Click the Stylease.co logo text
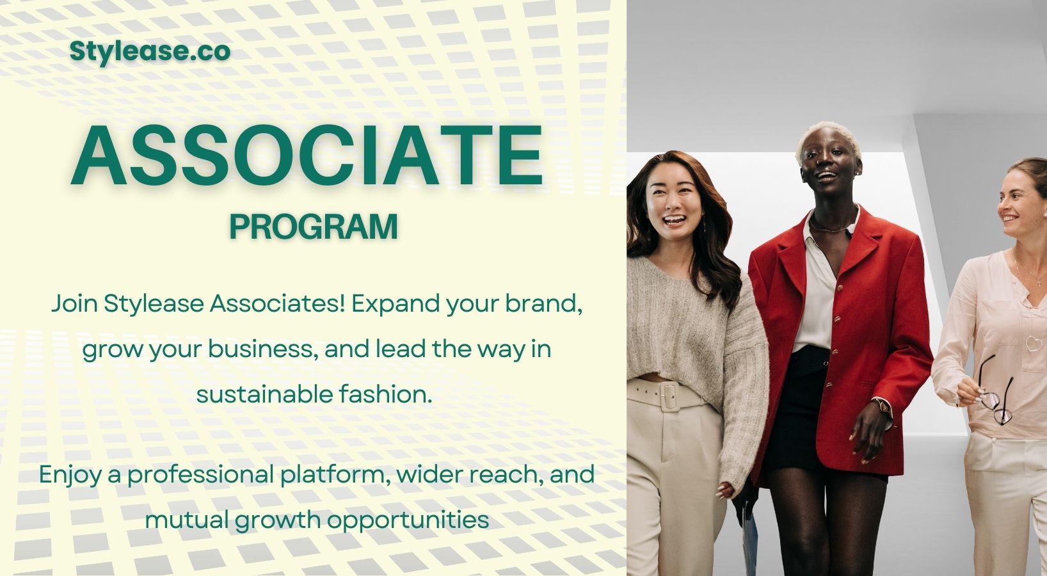pos(150,52)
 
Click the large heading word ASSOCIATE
pos(307,156)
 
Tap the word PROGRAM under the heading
pos(313,227)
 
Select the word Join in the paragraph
pos(75,305)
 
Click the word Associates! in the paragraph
pos(278,304)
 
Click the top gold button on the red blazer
pos(839,286)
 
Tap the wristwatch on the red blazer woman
pos(882,405)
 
